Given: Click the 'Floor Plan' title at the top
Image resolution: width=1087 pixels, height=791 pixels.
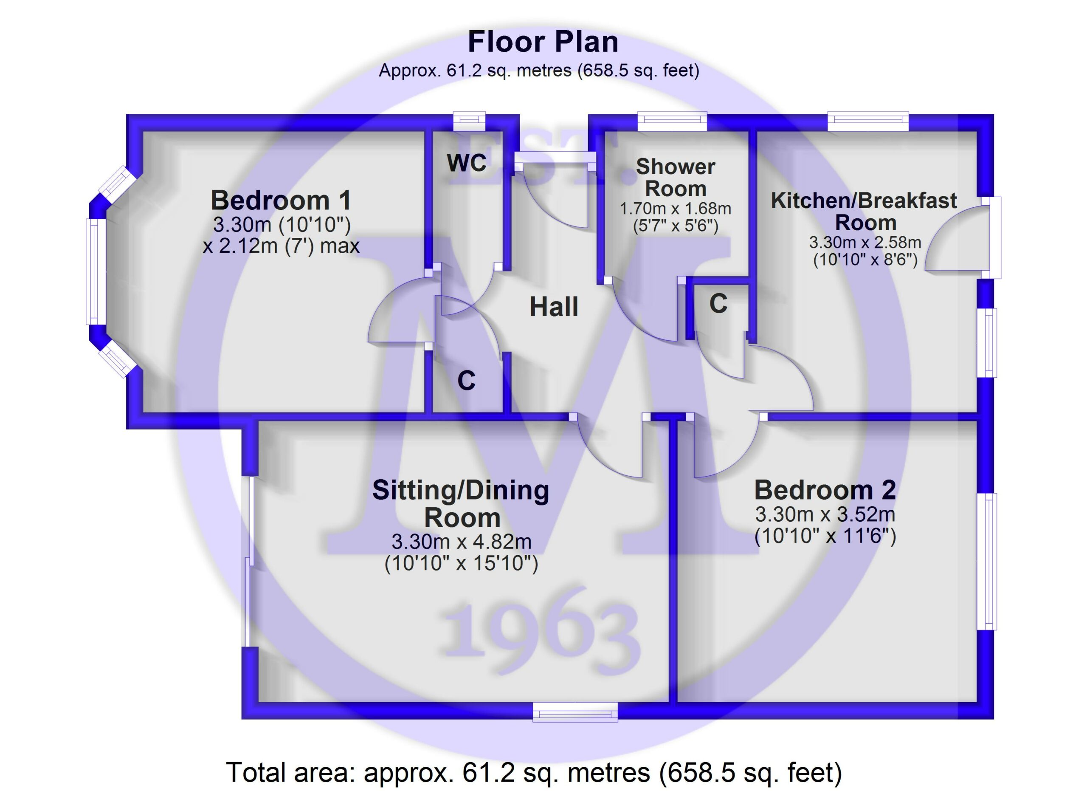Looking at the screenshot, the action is coord(543,42).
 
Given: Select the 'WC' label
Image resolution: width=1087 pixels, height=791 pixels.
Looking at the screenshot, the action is coord(466,163).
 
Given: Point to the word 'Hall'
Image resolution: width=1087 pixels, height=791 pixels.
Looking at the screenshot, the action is coord(554,307).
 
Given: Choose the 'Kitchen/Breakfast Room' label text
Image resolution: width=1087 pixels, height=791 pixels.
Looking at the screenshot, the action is coord(864,212).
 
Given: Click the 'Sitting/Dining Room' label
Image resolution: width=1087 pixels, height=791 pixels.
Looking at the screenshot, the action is coord(461,504).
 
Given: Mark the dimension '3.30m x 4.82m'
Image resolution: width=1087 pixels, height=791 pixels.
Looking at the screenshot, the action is coord(461,542).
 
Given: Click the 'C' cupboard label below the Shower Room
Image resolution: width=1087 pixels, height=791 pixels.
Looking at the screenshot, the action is coord(718,303).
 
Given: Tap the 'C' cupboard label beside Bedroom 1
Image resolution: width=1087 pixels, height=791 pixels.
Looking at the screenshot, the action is coord(466,381).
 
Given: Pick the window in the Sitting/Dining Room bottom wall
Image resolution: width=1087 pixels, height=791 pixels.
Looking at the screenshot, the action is coord(575,712).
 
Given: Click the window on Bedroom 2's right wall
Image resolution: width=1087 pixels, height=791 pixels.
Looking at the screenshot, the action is coord(987,561).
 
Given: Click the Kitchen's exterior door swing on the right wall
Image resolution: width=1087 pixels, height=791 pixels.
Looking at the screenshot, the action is coord(957,238).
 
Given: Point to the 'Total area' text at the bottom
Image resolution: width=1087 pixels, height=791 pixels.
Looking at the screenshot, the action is coord(533,772).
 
